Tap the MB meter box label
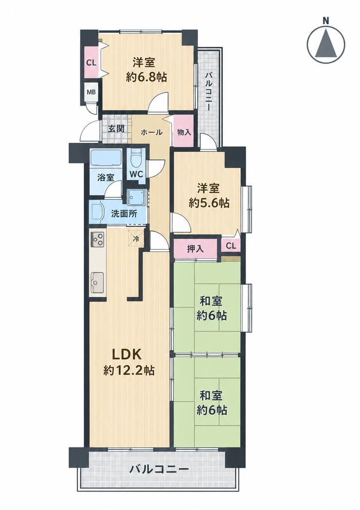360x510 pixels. tap(91, 92)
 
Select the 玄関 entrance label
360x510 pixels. tap(116, 128)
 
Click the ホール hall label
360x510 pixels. tap(152, 132)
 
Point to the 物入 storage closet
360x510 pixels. tap(184, 131)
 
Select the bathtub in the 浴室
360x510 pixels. tap(105, 158)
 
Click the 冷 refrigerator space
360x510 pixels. tap(136, 239)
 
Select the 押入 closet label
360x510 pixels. tap(195, 249)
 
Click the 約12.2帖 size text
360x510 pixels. tap(129, 370)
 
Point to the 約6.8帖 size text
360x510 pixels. tap(146, 77)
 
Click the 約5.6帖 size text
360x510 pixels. tap(209, 203)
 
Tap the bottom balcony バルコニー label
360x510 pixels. tap(159, 469)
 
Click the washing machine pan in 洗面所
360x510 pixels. tap(136, 197)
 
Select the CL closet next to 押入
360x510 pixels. tap(231, 246)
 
